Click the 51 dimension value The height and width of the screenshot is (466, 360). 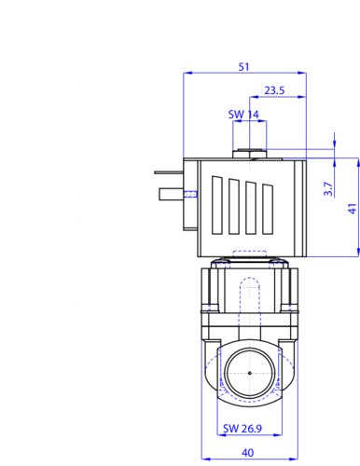coord(243,67)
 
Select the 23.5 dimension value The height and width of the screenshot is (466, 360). coord(274,90)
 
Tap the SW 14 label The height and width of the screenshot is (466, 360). coord(243,115)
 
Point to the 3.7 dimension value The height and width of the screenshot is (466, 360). coord(328,189)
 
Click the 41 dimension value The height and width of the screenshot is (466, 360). coord(353,209)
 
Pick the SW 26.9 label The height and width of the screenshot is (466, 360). coord(242,429)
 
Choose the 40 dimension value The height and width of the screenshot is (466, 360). coord(247,453)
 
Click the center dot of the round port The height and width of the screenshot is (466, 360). coord(250,373)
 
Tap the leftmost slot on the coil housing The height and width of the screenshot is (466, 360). coord(217,205)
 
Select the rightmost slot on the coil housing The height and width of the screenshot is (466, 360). coord(268,209)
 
